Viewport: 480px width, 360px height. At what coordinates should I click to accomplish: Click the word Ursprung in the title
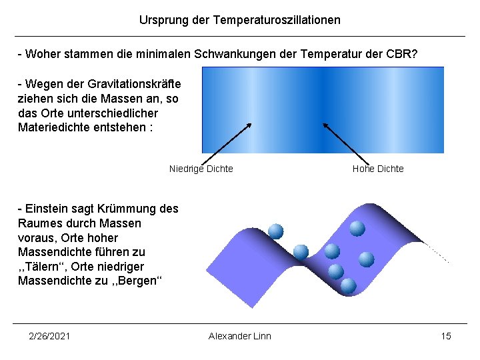(x=161, y=20)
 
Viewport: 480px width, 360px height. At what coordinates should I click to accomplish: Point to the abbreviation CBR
(x=402, y=53)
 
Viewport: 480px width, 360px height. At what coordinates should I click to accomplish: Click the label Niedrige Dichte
(x=201, y=169)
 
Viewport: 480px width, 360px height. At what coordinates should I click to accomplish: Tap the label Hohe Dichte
(x=378, y=169)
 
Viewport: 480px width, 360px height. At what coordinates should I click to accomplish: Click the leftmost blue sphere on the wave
(x=276, y=231)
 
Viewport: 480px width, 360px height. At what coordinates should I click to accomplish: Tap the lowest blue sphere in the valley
(x=348, y=286)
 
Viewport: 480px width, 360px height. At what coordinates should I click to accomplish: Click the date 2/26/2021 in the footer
(x=49, y=336)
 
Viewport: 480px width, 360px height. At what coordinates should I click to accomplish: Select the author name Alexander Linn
(x=240, y=336)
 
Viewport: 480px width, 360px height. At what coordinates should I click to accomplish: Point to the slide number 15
(x=446, y=336)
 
